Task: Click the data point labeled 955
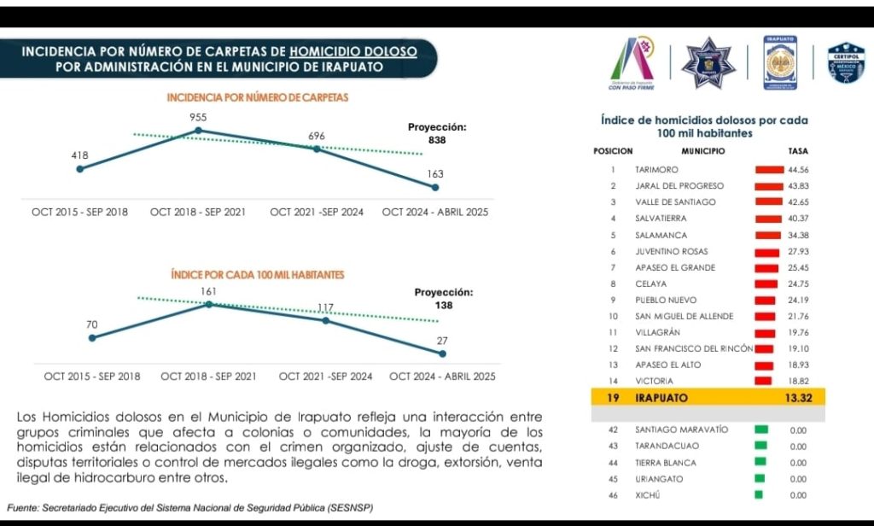(x=199, y=131)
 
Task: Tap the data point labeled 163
(x=435, y=187)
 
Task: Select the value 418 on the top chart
(x=79, y=155)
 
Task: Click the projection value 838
(x=437, y=140)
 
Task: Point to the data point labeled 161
(x=208, y=304)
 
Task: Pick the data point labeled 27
(x=442, y=354)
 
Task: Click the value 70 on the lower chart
(x=91, y=324)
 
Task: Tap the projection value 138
(x=443, y=305)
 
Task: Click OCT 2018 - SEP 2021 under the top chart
(x=198, y=212)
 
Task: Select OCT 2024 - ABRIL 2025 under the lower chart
(x=442, y=377)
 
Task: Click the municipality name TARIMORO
(x=656, y=170)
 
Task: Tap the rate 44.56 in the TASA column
(x=798, y=170)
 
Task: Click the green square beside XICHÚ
(x=758, y=495)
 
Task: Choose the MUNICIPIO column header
(x=702, y=151)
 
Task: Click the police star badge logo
(x=708, y=62)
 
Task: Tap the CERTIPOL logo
(x=846, y=63)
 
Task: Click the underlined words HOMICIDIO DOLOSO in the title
(x=353, y=51)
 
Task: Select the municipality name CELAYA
(x=651, y=283)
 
